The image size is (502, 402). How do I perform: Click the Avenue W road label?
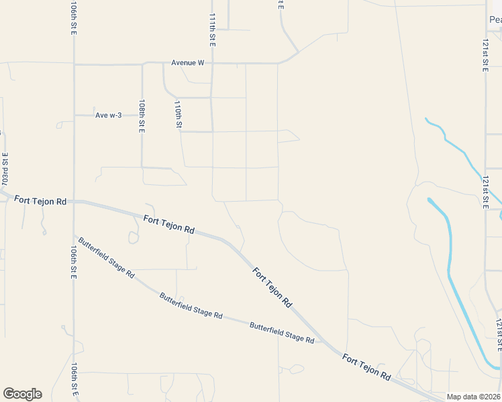(187, 63)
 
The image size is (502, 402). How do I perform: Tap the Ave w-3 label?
(109, 115)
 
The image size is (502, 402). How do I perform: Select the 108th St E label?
(142, 117)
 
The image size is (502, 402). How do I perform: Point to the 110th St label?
(178, 115)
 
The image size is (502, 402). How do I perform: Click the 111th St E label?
(212, 29)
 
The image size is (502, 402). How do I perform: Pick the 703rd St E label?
(5, 170)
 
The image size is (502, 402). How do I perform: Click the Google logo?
(22, 394)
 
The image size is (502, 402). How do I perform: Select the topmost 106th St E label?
(73, 19)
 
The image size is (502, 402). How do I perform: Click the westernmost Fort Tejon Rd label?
(41, 200)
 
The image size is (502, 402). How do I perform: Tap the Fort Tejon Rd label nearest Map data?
(366, 367)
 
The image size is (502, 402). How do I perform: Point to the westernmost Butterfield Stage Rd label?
(106, 257)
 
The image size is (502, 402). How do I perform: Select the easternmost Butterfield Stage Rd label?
(282, 332)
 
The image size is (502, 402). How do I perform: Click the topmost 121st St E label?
(485, 56)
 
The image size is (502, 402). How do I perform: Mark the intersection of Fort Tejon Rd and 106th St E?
(74, 201)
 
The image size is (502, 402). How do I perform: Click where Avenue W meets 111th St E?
(212, 64)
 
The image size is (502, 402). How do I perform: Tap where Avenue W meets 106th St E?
(74, 65)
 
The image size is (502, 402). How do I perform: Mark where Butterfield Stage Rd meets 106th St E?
(74, 236)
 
